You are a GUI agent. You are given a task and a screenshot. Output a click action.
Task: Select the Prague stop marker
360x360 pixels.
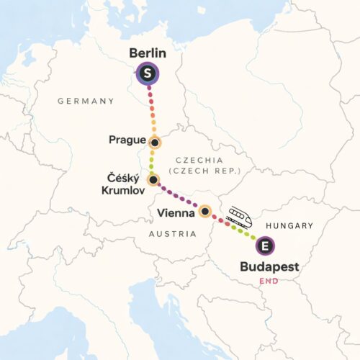click(154, 142)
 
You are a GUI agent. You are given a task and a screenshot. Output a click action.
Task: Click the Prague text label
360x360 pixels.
click(127, 140)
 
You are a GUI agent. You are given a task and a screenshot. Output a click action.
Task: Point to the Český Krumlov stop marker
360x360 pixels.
click(153, 179)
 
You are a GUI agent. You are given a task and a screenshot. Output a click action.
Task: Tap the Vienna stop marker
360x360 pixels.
click(205, 211)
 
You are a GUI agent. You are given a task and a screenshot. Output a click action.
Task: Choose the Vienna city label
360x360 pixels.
click(176, 213)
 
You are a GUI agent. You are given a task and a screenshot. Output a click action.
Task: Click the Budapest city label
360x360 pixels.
click(269, 268)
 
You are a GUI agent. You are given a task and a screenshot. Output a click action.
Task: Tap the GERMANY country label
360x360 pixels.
click(86, 102)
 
